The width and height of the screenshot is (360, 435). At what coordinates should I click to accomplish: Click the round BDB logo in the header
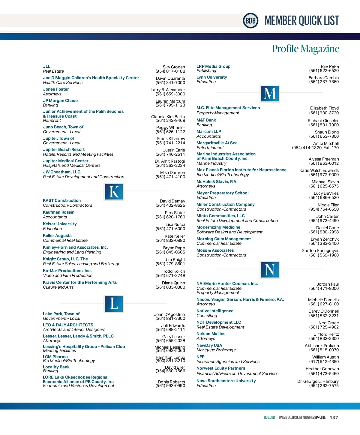click(x=250, y=21)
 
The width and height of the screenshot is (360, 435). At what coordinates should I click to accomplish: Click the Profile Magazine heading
click(x=305, y=49)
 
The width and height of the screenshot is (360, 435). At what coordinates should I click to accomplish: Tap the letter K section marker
click(x=114, y=192)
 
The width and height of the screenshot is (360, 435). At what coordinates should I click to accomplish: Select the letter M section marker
click(x=270, y=93)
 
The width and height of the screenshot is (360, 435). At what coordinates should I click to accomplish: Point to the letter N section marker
click(x=270, y=269)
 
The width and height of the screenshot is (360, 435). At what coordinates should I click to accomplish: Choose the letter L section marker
click(x=114, y=303)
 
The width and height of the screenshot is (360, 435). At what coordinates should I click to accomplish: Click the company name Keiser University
click(x=60, y=224)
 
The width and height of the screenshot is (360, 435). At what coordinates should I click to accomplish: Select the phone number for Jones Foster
click(x=170, y=94)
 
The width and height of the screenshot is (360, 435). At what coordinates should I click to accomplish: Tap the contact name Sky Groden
click(x=174, y=67)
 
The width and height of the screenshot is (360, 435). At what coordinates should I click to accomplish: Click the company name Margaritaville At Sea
click(x=217, y=143)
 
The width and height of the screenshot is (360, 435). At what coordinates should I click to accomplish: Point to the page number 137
click(x=334, y=418)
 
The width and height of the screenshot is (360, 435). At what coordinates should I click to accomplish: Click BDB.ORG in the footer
click(x=269, y=418)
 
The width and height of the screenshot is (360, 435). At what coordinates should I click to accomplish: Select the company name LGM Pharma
click(x=55, y=357)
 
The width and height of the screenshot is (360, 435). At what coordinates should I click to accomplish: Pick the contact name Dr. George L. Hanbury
click(x=318, y=381)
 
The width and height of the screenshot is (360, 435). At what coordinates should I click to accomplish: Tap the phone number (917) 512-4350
click(x=324, y=361)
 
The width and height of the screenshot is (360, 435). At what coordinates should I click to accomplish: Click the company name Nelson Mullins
click(x=211, y=334)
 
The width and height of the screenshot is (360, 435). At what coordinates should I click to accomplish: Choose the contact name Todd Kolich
click(x=174, y=271)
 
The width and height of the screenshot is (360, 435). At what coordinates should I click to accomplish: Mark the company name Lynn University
click(x=211, y=77)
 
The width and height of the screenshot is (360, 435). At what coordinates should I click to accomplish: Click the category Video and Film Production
click(x=67, y=275)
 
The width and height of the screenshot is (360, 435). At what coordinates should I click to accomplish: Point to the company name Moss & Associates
click(x=215, y=250)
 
